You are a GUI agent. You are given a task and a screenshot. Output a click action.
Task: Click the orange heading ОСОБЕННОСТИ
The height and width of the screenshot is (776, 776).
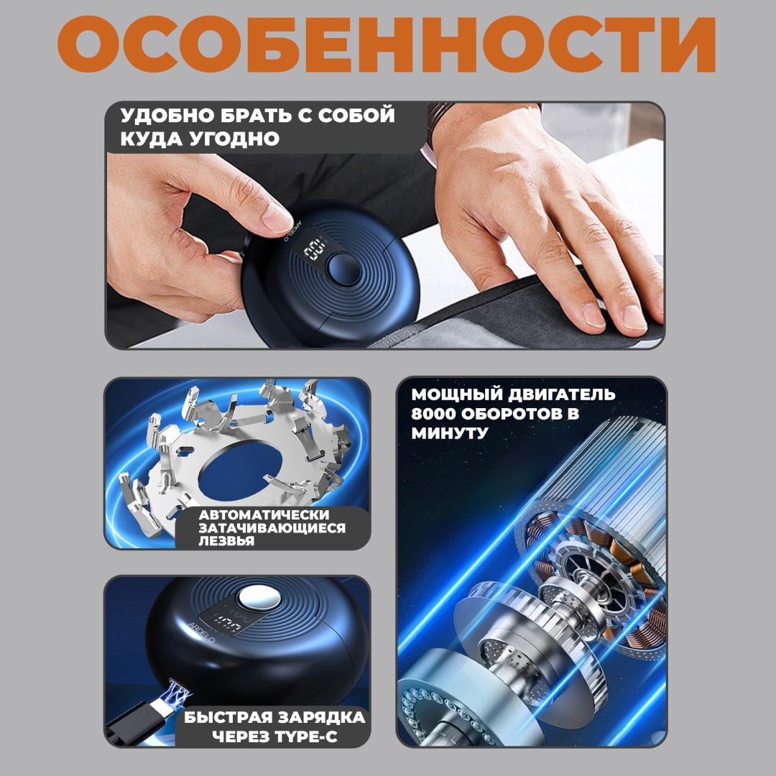click(387, 45)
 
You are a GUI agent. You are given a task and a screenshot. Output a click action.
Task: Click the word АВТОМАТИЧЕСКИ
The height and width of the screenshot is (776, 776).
click(264, 514)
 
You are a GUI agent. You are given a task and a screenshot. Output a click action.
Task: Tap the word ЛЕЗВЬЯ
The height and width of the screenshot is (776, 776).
click(226, 540)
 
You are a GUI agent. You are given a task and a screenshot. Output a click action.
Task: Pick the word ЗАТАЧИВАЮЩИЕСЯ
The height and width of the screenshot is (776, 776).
click(272, 527)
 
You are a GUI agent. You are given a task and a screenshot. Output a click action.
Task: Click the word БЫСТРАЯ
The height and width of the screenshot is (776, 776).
click(226, 718)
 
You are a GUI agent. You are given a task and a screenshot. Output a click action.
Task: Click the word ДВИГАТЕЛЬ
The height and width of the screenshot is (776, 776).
click(561, 394)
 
